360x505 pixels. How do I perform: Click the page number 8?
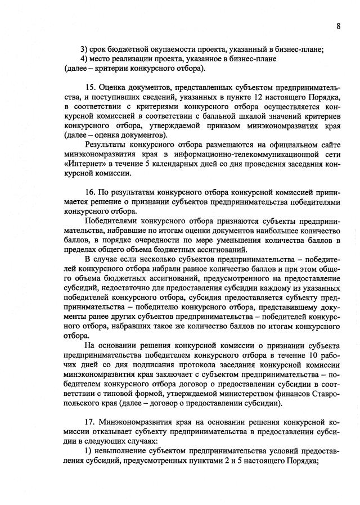tap(339, 26)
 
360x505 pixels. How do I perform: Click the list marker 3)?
tap(84, 48)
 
